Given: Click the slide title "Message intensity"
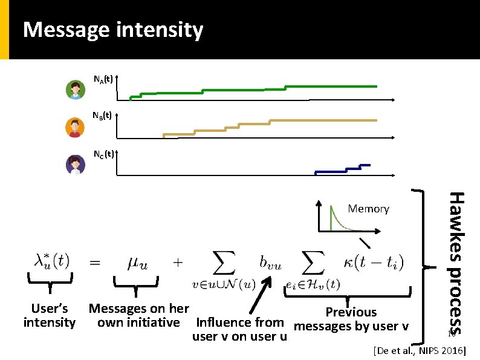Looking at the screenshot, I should (112, 30).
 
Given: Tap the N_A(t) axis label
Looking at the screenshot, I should (102, 79).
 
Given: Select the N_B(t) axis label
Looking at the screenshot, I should (102, 115).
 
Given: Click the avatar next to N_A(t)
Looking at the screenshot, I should (75, 90).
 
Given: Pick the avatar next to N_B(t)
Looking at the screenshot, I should (75, 127).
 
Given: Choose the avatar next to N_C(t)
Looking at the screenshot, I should (75, 165).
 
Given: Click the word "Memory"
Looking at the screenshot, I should (368, 209).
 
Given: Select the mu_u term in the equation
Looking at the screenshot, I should (140, 263).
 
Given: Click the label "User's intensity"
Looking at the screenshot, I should (50, 315).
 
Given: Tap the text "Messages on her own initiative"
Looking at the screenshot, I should (138, 315).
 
